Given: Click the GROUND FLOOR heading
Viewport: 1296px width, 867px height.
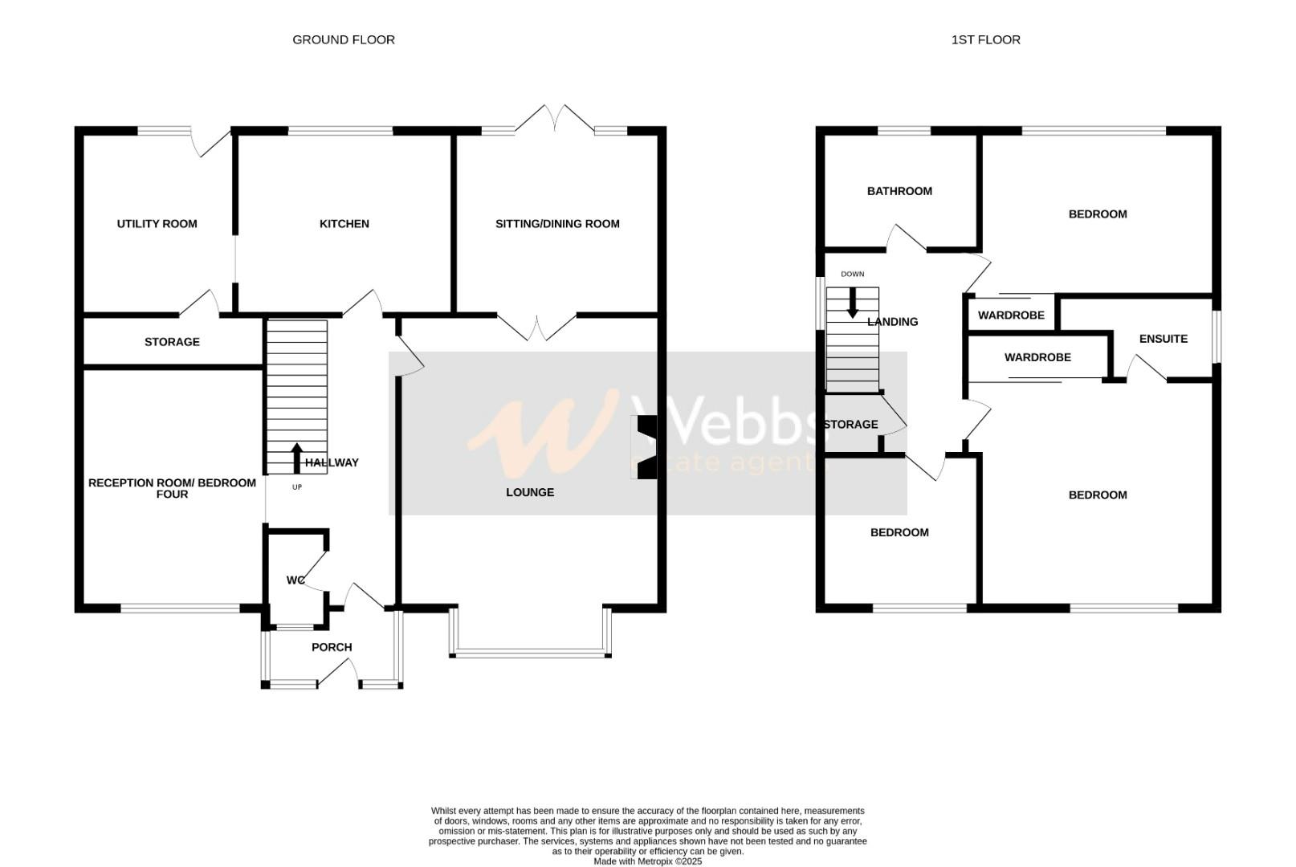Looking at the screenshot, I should [x=343, y=39].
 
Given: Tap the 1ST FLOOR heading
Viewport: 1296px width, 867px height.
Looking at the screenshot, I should [x=985, y=39].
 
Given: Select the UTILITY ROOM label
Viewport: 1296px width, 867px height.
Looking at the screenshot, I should [x=157, y=224].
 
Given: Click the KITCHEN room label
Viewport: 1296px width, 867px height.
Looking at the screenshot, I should [x=344, y=224].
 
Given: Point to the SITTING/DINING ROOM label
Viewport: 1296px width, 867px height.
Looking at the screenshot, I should [x=557, y=224].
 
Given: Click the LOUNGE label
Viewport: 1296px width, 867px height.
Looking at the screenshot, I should [x=529, y=492].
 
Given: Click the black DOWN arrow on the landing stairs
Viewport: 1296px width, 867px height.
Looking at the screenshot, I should [x=852, y=303].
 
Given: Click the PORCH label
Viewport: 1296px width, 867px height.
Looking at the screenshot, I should [x=332, y=647].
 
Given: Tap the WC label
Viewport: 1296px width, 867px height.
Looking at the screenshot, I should [x=295, y=580].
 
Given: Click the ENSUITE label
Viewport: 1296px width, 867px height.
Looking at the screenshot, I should [x=1163, y=339].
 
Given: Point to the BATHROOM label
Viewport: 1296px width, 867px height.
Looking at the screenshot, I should [x=899, y=191].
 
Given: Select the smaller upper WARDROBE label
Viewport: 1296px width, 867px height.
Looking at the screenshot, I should [x=1011, y=315].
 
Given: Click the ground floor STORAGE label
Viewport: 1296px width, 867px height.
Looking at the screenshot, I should [x=172, y=342].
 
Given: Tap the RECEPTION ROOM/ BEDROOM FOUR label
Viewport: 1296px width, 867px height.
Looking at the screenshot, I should [x=172, y=488].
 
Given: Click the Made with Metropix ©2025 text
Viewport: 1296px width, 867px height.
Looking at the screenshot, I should [x=647, y=861].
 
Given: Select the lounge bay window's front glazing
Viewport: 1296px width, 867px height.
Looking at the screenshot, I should [x=530, y=653].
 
